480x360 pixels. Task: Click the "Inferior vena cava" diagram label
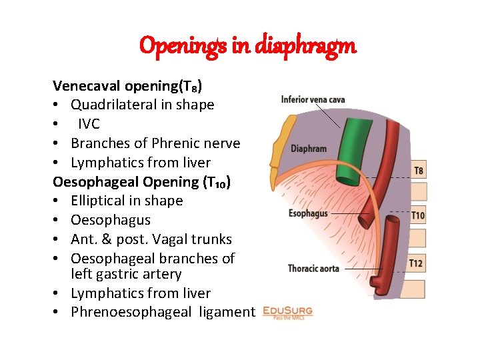(313, 100)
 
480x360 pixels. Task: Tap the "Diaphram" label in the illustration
(308, 149)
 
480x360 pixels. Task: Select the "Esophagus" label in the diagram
(308, 213)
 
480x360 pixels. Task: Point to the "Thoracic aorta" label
(313, 268)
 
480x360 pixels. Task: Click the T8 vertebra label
(417, 171)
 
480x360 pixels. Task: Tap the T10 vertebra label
(417, 215)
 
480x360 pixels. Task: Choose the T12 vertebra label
(416, 263)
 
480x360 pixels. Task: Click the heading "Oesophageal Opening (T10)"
(142, 182)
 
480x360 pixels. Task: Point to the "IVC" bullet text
(89, 124)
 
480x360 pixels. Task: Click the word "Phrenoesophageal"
(128, 312)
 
